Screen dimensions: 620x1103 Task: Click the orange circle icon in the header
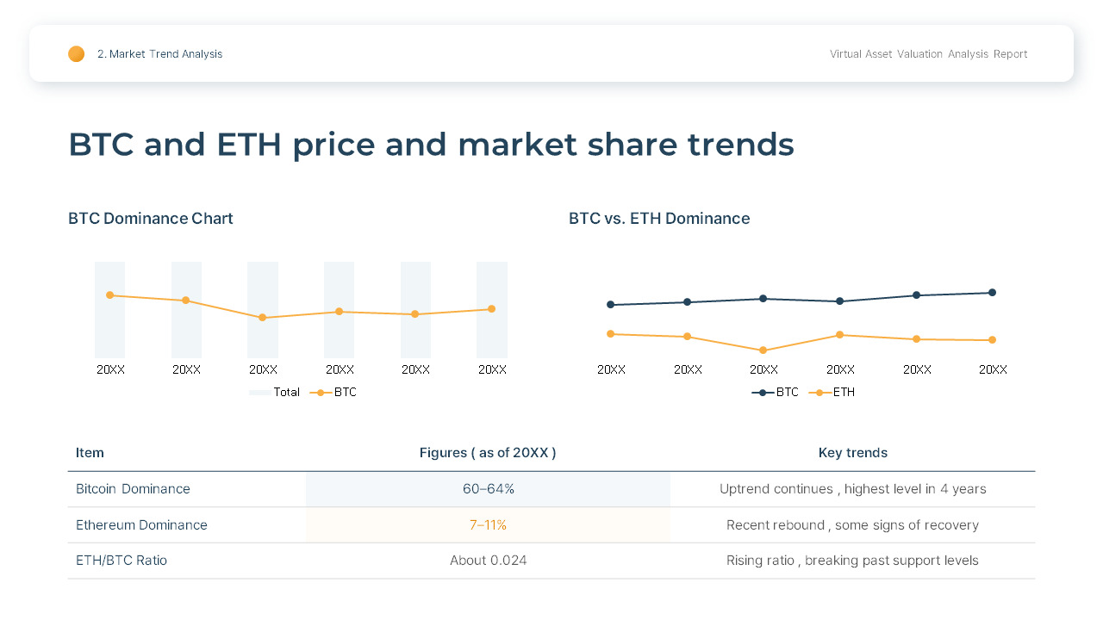77,54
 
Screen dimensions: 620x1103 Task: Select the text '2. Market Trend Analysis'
159,54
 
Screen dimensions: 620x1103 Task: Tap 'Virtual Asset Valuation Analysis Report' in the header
928,54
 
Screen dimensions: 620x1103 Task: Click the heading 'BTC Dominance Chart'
151,219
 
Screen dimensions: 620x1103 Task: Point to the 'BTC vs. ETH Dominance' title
659,219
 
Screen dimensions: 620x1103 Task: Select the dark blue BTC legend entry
776,393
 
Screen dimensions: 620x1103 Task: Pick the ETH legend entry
832,393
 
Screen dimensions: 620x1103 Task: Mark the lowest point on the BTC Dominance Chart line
263,318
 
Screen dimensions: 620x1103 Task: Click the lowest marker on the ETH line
763,350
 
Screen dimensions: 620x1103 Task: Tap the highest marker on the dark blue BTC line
992,293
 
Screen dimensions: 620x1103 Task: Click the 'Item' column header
90,453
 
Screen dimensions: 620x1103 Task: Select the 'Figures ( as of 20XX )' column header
488,453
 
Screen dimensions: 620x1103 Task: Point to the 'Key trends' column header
852,453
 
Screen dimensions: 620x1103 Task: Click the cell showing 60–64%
488,489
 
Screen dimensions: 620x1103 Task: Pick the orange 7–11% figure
488,525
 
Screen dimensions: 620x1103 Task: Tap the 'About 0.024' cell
488,561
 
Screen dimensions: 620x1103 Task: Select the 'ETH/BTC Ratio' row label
122,561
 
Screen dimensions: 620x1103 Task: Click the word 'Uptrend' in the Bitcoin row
745,489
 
